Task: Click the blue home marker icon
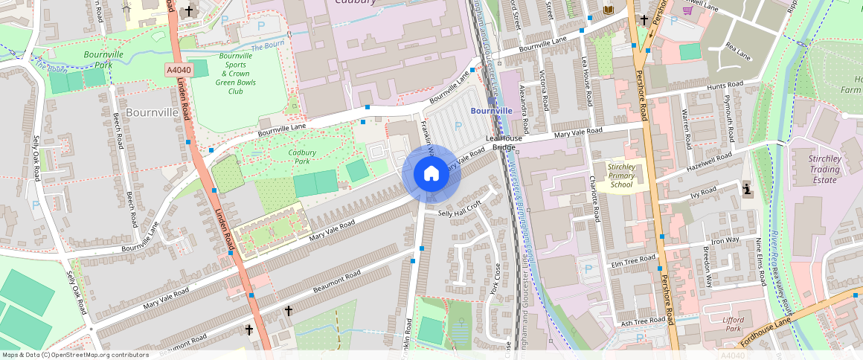click(x=431, y=173)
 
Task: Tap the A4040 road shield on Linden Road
click(x=179, y=70)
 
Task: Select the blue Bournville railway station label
click(x=491, y=110)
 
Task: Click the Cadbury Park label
click(x=303, y=156)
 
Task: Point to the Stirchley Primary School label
click(x=621, y=176)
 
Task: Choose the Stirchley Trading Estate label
click(x=825, y=169)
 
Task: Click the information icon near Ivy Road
click(x=748, y=190)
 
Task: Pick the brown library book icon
click(x=609, y=9)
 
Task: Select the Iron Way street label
click(x=725, y=240)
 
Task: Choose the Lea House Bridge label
click(x=501, y=143)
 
